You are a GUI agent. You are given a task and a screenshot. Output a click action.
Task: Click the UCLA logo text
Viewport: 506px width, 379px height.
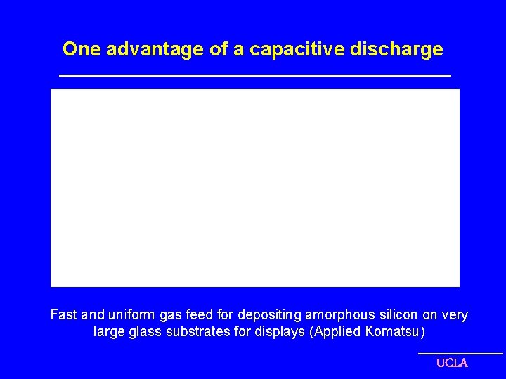tap(452, 363)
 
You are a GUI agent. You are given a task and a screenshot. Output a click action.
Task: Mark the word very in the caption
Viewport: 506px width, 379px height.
tap(454, 315)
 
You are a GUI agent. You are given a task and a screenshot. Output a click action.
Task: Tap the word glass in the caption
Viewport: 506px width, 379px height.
tap(145, 331)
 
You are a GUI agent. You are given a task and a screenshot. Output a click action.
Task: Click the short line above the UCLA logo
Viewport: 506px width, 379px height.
tap(460, 353)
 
